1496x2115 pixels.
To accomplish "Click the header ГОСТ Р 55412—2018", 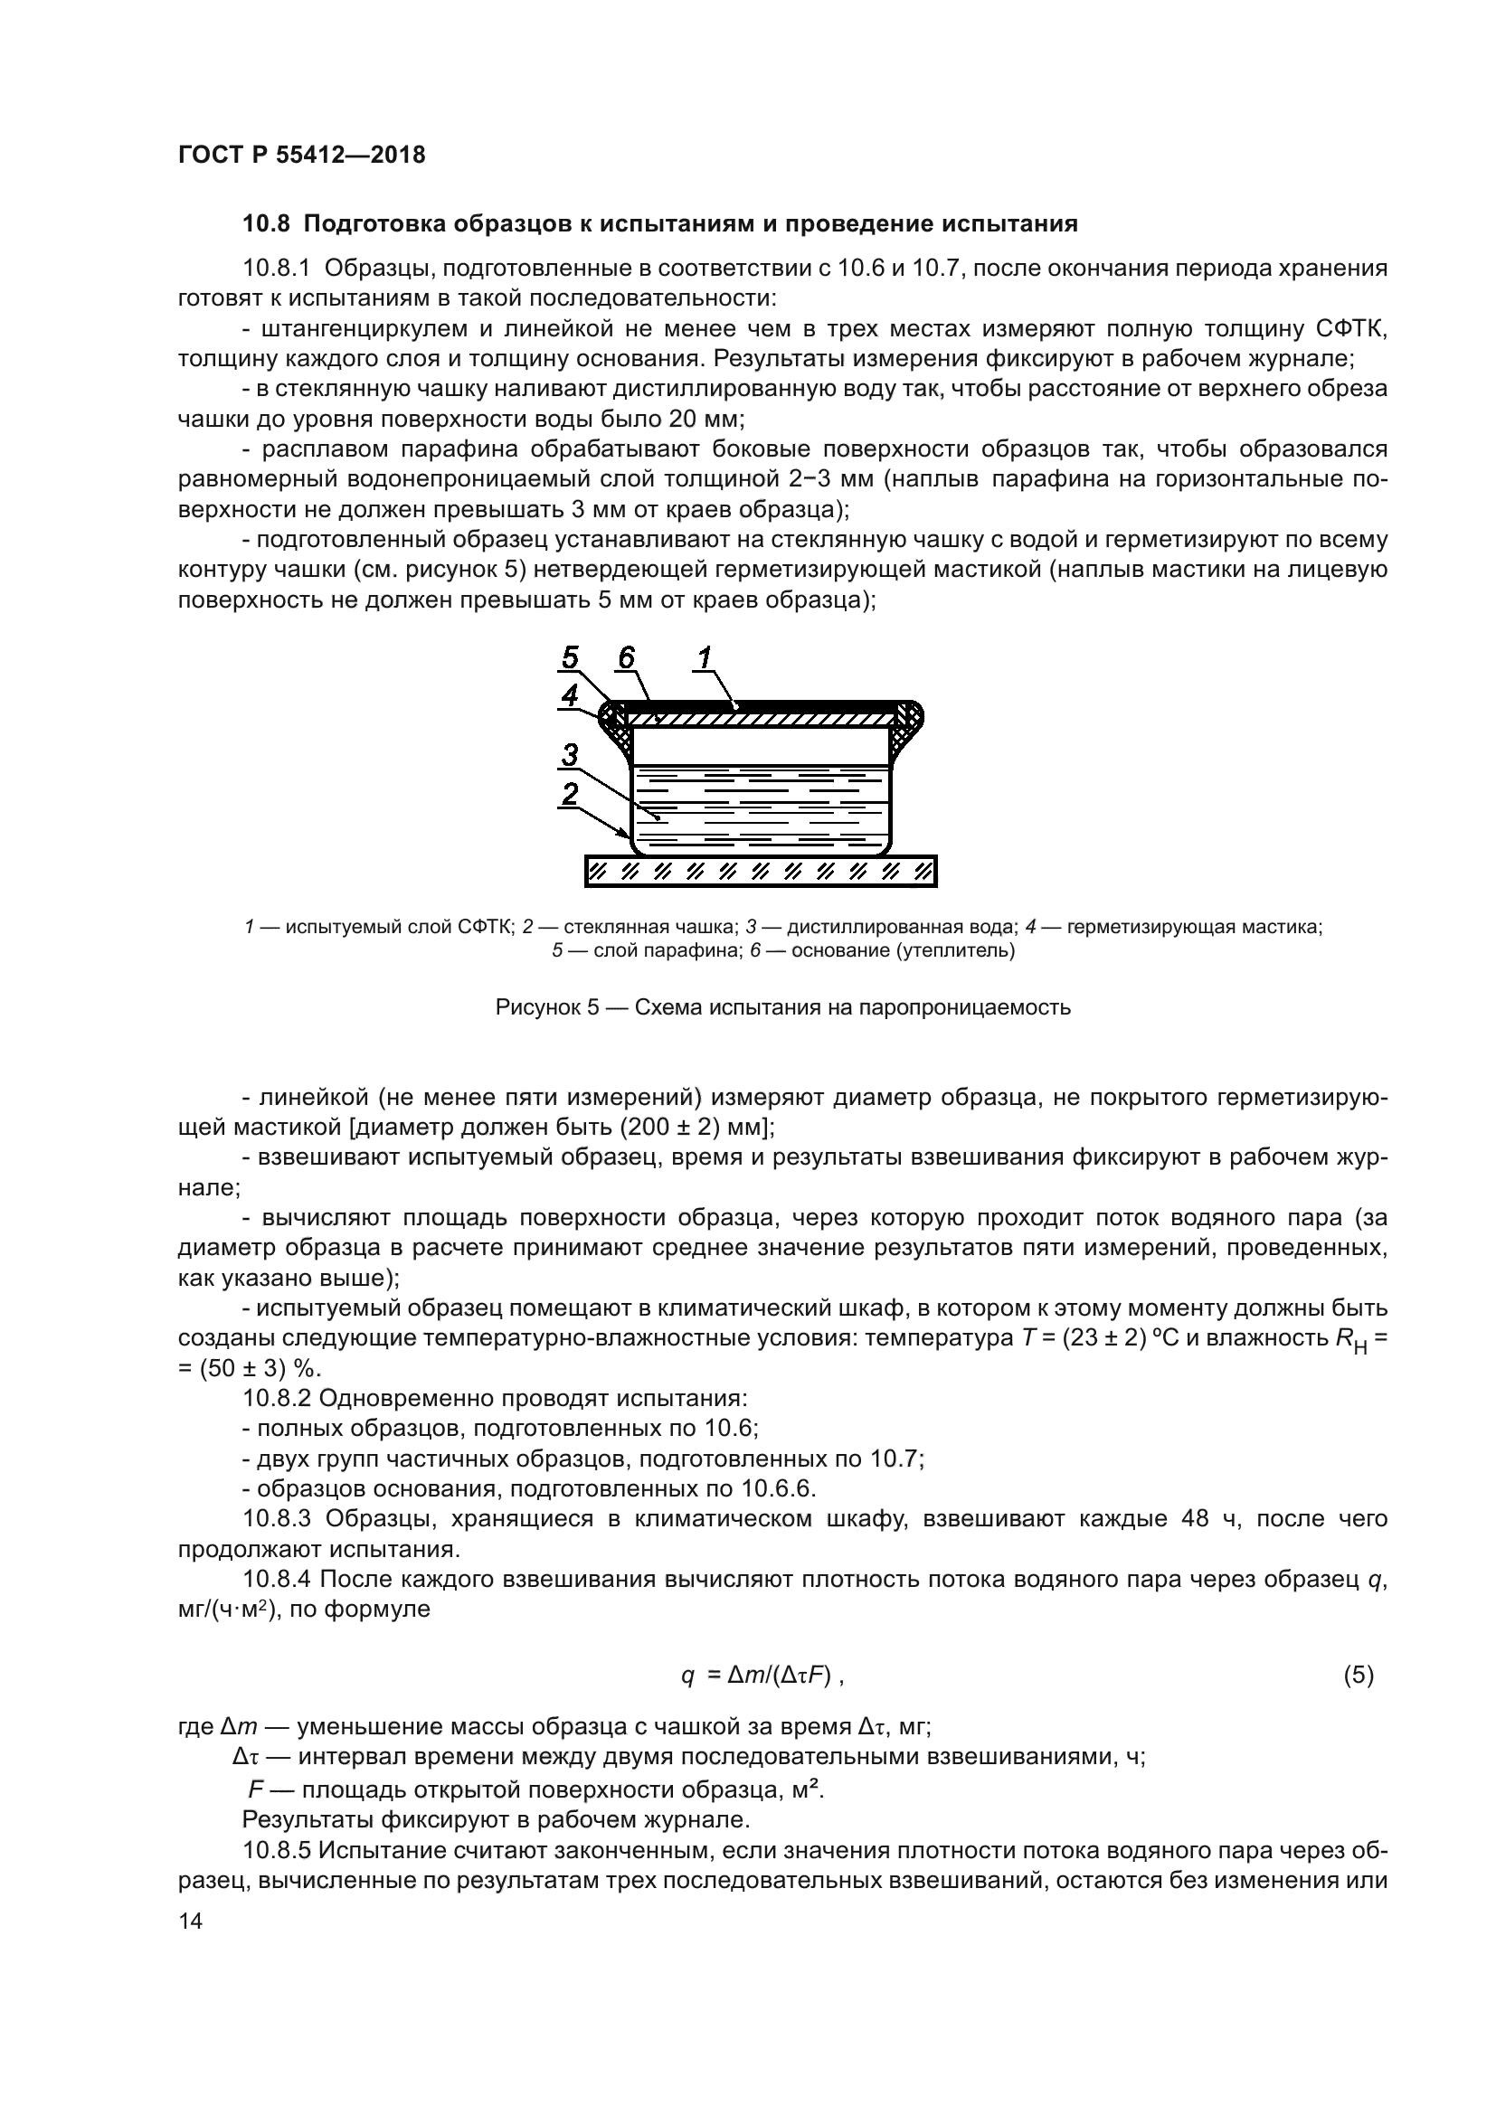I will [301, 155].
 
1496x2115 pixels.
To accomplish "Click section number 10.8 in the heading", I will [266, 224].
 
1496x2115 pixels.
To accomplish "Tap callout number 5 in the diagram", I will [570, 657].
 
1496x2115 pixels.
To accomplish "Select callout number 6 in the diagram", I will [627, 657].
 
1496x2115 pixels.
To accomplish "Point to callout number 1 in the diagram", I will [705, 657].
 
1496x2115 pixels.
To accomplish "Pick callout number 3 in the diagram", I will [570, 755].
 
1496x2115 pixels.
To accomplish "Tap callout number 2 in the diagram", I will [570, 794].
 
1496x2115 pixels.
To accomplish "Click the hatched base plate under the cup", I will [760, 871].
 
